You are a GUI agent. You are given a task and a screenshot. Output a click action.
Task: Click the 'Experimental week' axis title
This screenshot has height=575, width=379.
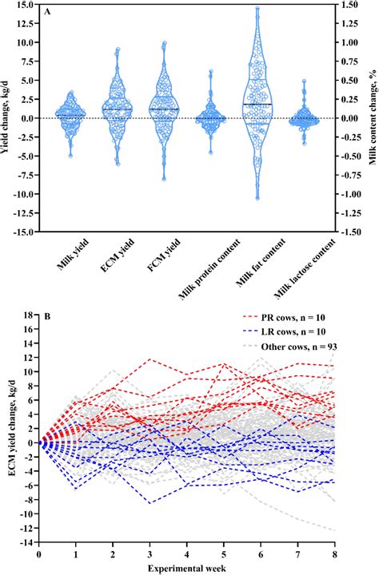pos(186,566)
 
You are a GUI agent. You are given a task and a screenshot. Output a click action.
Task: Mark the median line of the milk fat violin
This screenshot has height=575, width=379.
pos(257,105)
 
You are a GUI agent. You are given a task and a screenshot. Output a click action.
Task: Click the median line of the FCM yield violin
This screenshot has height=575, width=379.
pos(164,109)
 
